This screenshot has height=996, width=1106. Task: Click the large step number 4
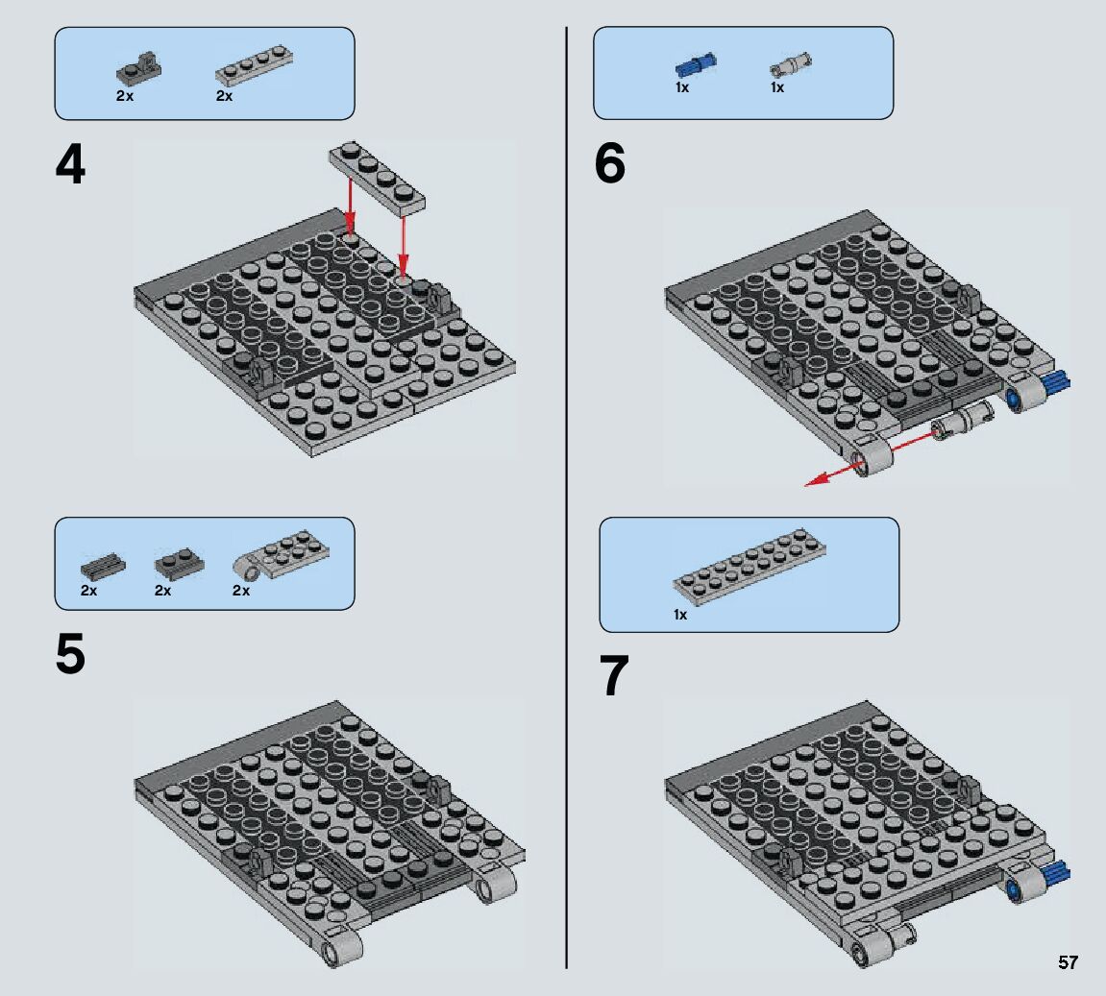(70, 164)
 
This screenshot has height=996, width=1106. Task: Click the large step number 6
(610, 163)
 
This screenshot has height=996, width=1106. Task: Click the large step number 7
(614, 675)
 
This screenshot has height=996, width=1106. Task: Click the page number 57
(1068, 962)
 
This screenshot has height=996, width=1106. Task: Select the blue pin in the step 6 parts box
(696, 65)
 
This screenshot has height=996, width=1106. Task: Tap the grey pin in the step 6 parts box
(791, 64)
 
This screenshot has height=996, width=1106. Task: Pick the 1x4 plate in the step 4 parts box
(254, 65)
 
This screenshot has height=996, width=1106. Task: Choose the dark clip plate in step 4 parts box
(139, 66)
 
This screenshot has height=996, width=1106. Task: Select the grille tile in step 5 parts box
(103, 565)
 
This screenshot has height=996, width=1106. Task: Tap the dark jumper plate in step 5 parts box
(180, 561)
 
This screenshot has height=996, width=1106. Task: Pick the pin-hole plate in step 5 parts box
(281, 554)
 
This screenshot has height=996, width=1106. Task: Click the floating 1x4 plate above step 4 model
(378, 178)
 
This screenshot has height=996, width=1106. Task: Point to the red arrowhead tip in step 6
(805, 485)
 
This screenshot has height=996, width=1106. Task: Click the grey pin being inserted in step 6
(964, 420)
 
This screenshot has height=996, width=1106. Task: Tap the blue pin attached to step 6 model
(1057, 383)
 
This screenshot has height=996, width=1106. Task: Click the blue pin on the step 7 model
(1057, 874)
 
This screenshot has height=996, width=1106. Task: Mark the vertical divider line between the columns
(566, 498)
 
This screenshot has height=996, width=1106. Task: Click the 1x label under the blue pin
(682, 87)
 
